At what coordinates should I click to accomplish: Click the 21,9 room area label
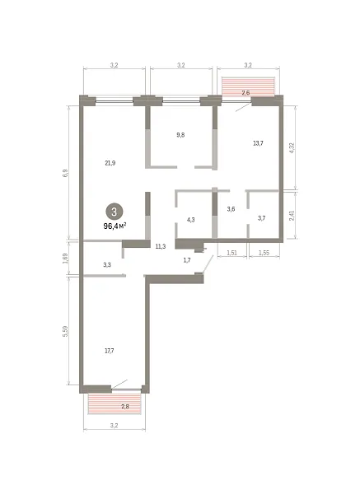110,163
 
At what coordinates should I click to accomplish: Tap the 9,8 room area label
180,135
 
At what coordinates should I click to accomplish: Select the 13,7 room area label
258,143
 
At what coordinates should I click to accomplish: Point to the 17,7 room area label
109,351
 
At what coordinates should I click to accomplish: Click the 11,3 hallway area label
161,246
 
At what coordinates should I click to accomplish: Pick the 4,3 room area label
191,220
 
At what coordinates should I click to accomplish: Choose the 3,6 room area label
231,209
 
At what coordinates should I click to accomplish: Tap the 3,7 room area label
262,218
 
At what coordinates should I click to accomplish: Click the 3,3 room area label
107,264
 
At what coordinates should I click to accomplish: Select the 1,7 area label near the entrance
187,260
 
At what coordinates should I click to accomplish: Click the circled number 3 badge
115,212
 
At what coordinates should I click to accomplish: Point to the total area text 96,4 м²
115,226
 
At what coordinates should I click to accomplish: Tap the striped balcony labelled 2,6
249,86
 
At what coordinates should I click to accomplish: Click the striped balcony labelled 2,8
115,403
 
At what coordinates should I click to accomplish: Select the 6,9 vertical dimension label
66,173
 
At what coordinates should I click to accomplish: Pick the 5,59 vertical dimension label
66,331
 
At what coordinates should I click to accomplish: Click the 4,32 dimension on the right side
292,147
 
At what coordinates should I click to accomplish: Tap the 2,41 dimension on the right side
292,216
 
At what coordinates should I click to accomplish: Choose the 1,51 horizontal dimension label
232,253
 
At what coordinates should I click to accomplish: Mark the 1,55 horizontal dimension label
264,253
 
